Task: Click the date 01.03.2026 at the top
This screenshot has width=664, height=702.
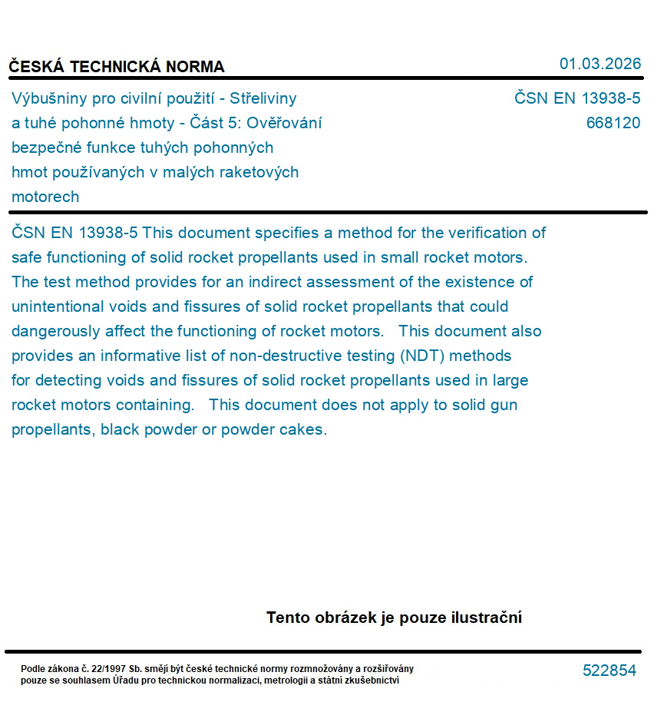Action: (x=600, y=64)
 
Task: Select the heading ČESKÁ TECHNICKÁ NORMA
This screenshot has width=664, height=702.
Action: (x=117, y=67)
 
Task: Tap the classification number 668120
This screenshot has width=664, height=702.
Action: (x=613, y=123)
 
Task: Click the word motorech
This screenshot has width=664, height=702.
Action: (x=45, y=197)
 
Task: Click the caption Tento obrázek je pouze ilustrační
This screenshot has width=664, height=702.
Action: (x=394, y=618)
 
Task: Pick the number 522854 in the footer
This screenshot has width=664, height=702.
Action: (x=609, y=671)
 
